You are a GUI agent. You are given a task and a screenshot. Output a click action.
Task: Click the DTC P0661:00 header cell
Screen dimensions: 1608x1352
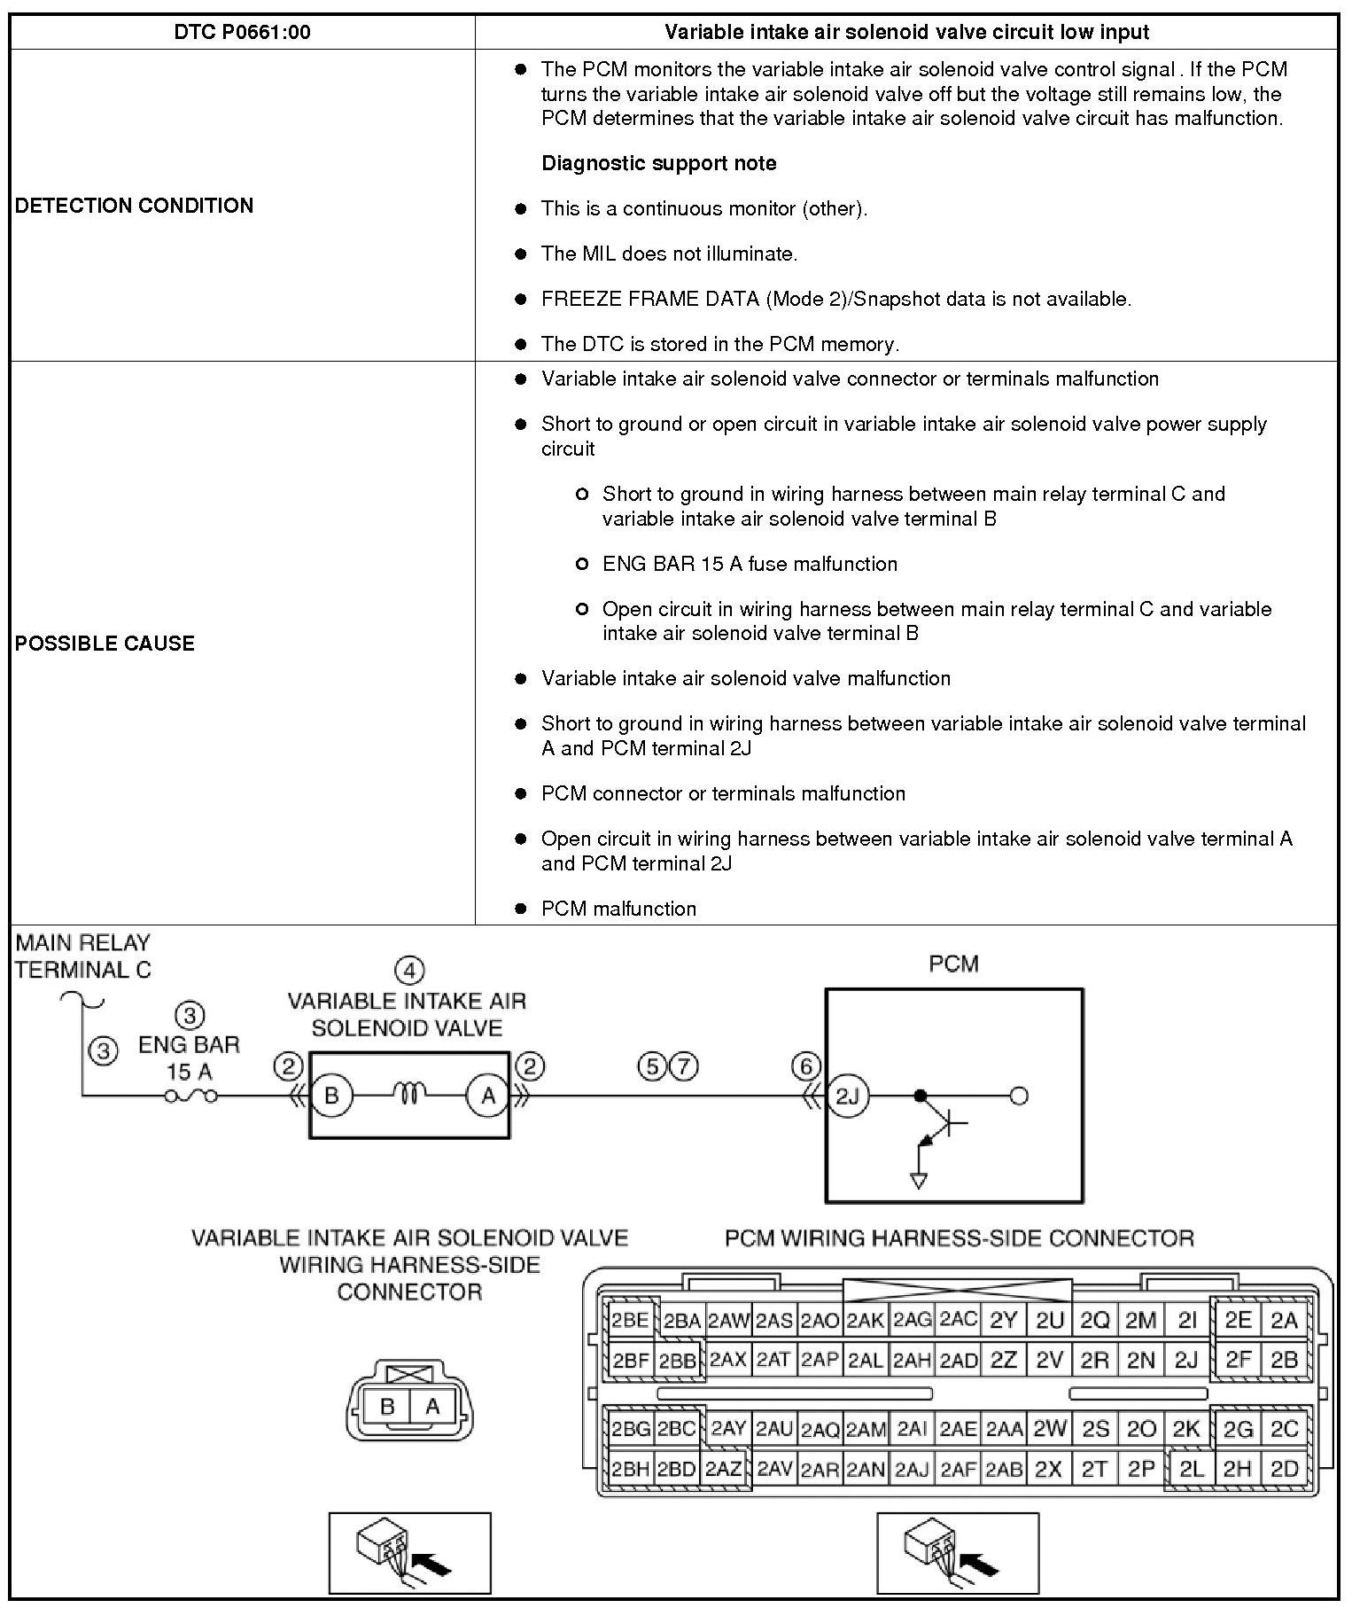(242, 33)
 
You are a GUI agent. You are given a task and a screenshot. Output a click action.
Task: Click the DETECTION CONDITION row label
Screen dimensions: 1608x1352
(134, 206)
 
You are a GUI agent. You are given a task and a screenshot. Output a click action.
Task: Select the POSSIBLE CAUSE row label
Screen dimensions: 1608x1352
(105, 644)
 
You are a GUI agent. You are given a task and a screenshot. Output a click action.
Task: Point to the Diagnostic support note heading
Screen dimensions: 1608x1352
(658, 163)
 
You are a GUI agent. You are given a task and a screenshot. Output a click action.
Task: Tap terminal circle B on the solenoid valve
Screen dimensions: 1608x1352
(331, 1097)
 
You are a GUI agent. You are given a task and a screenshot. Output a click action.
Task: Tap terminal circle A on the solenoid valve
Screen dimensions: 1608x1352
(488, 1097)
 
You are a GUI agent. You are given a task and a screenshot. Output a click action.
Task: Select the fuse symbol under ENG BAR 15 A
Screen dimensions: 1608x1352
(190, 1097)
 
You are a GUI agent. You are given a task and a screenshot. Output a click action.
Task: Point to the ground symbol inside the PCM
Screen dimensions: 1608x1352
(919, 1181)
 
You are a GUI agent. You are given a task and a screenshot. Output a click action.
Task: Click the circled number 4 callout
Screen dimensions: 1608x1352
(409, 972)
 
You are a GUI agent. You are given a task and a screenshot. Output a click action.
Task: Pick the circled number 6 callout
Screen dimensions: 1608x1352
(805, 1066)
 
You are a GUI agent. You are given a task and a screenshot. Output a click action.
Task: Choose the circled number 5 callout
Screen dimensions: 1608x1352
(653, 1066)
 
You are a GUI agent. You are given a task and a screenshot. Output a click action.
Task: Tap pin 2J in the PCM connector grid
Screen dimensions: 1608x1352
(1186, 1360)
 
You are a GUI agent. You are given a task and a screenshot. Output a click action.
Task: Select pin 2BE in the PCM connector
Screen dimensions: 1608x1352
(630, 1321)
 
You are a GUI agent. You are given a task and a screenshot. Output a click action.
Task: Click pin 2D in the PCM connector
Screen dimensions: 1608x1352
(1284, 1469)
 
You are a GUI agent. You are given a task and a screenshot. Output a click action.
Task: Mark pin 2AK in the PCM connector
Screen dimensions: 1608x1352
(865, 1321)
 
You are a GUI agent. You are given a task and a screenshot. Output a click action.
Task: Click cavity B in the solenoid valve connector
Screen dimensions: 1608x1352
(387, 1406)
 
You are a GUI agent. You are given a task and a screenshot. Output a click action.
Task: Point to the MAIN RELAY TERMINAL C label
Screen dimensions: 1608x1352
(83, 956)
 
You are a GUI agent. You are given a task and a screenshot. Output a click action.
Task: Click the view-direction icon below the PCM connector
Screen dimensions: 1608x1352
(957, 1553)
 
